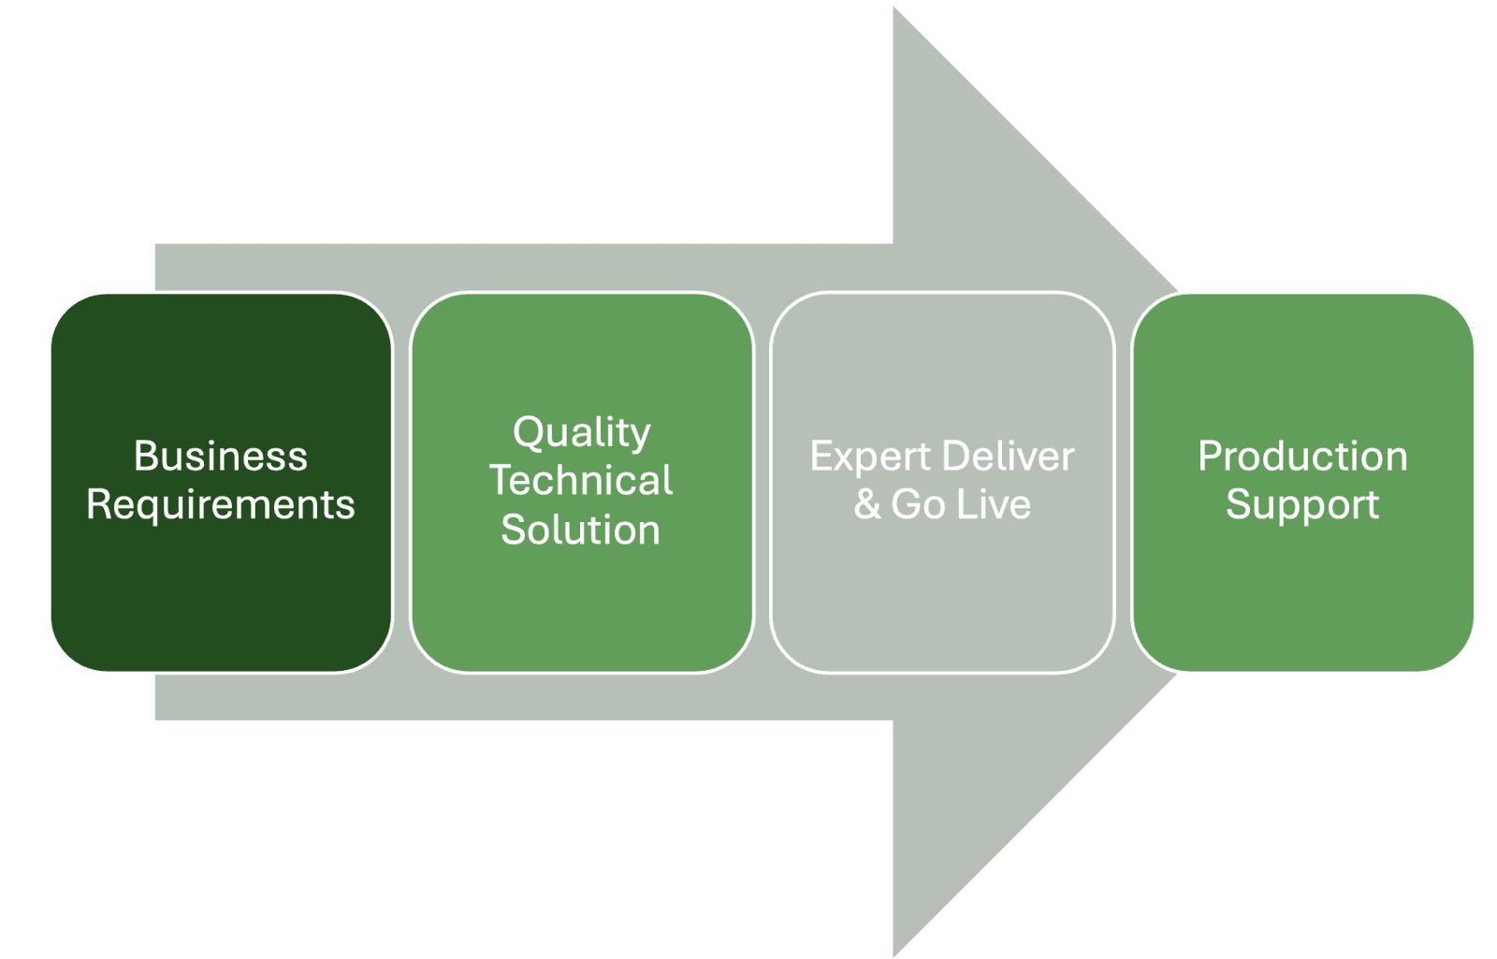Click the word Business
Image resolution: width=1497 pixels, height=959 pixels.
221,456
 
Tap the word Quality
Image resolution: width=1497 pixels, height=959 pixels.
581,434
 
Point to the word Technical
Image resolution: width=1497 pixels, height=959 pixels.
581,480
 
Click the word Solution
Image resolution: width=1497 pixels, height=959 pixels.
581,530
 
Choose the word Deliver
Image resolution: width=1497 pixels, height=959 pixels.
1009,456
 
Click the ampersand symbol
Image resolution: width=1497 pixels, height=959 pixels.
867,504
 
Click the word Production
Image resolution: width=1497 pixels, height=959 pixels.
1302,456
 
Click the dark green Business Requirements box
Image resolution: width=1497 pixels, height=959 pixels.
221,483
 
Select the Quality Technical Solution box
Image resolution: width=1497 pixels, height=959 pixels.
581,483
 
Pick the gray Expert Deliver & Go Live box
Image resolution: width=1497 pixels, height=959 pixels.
942,483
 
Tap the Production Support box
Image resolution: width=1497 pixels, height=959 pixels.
1302,483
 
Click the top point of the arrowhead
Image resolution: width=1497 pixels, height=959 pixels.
894,7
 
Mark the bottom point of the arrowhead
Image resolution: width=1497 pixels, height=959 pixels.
894,956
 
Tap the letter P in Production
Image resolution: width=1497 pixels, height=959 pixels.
1211,456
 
